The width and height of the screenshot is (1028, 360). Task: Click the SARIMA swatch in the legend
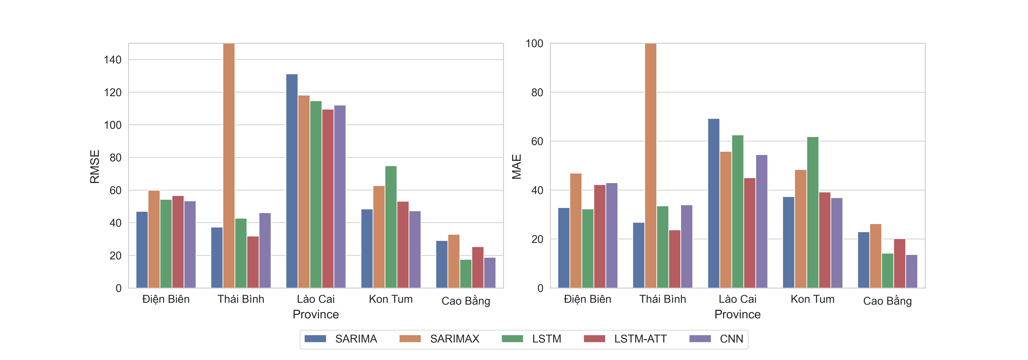pyautogui.click(x=315, y=339)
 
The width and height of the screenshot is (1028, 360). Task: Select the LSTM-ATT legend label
pyautogui.click(x=640, y=339)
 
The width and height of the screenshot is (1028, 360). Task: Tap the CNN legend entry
pyautogui.click(x=731, y=339)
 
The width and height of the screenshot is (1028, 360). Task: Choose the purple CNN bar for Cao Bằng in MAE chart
pyautogui.click(x=911, y=271)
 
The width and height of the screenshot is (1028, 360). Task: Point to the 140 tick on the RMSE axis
pyautogui.click(x=113, y=60)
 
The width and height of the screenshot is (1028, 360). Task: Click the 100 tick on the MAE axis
pyautogui.click(x=534, y=44)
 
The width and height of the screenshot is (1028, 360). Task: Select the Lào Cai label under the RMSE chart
pyautogui.click(x=316, y=299)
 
